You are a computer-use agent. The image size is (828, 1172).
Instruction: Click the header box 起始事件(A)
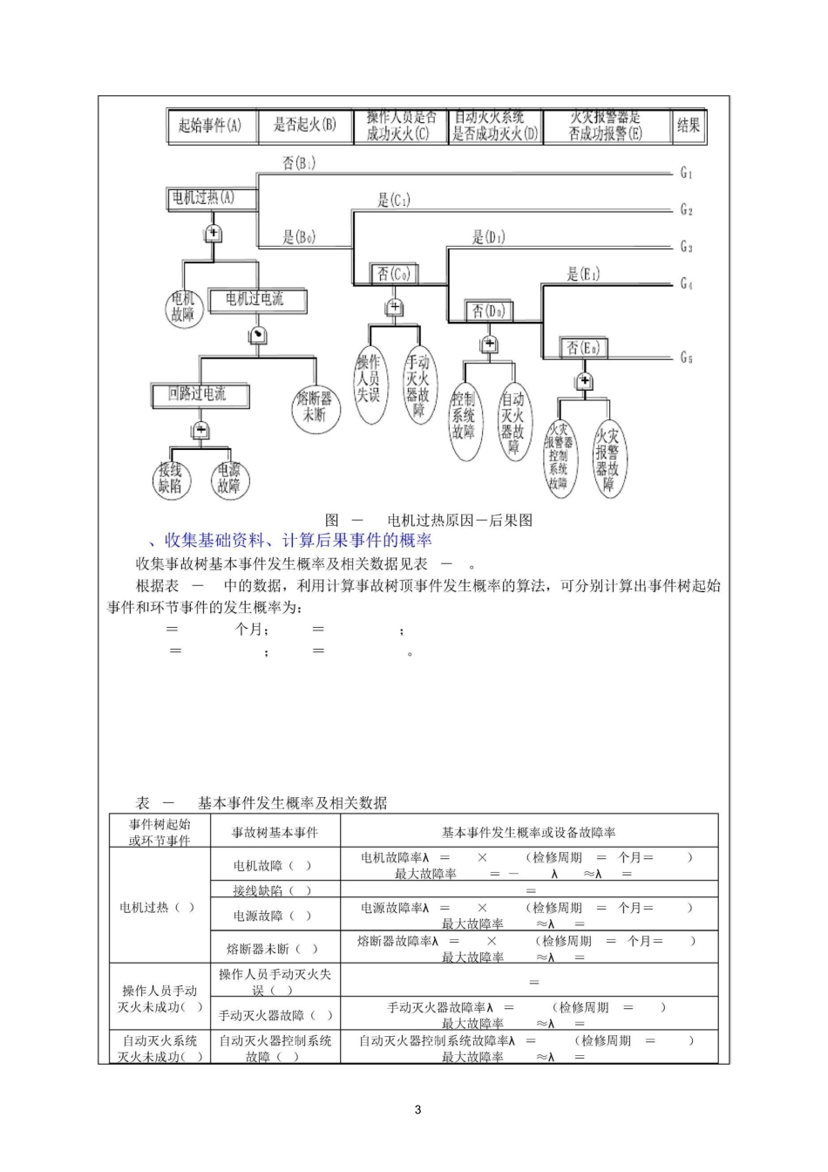[x=212, y=126]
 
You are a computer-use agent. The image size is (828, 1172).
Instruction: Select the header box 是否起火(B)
[x=305, y=126]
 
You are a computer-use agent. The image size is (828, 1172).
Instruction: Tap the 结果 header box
[x=689, y=126]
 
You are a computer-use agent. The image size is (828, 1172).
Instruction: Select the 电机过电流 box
[x=257, y=300]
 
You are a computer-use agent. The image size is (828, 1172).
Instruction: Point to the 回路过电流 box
[x=200, y=395]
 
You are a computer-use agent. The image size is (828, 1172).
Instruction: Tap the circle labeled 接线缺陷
[x=171, y=479]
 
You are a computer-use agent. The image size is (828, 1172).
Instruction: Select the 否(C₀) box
[x=392, y=274]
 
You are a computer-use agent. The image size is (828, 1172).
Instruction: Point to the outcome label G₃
[x=687, y=247]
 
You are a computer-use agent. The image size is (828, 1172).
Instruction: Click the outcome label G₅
[x=687, y=358]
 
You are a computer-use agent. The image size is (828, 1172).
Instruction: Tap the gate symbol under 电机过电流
[x=257, y=336]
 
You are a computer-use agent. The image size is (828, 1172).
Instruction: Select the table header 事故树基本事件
[x=275, y=832]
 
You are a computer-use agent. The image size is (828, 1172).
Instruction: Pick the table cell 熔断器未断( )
[x=275, y=948]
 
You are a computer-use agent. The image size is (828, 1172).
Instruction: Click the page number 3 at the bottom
[x=417, y=1110]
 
